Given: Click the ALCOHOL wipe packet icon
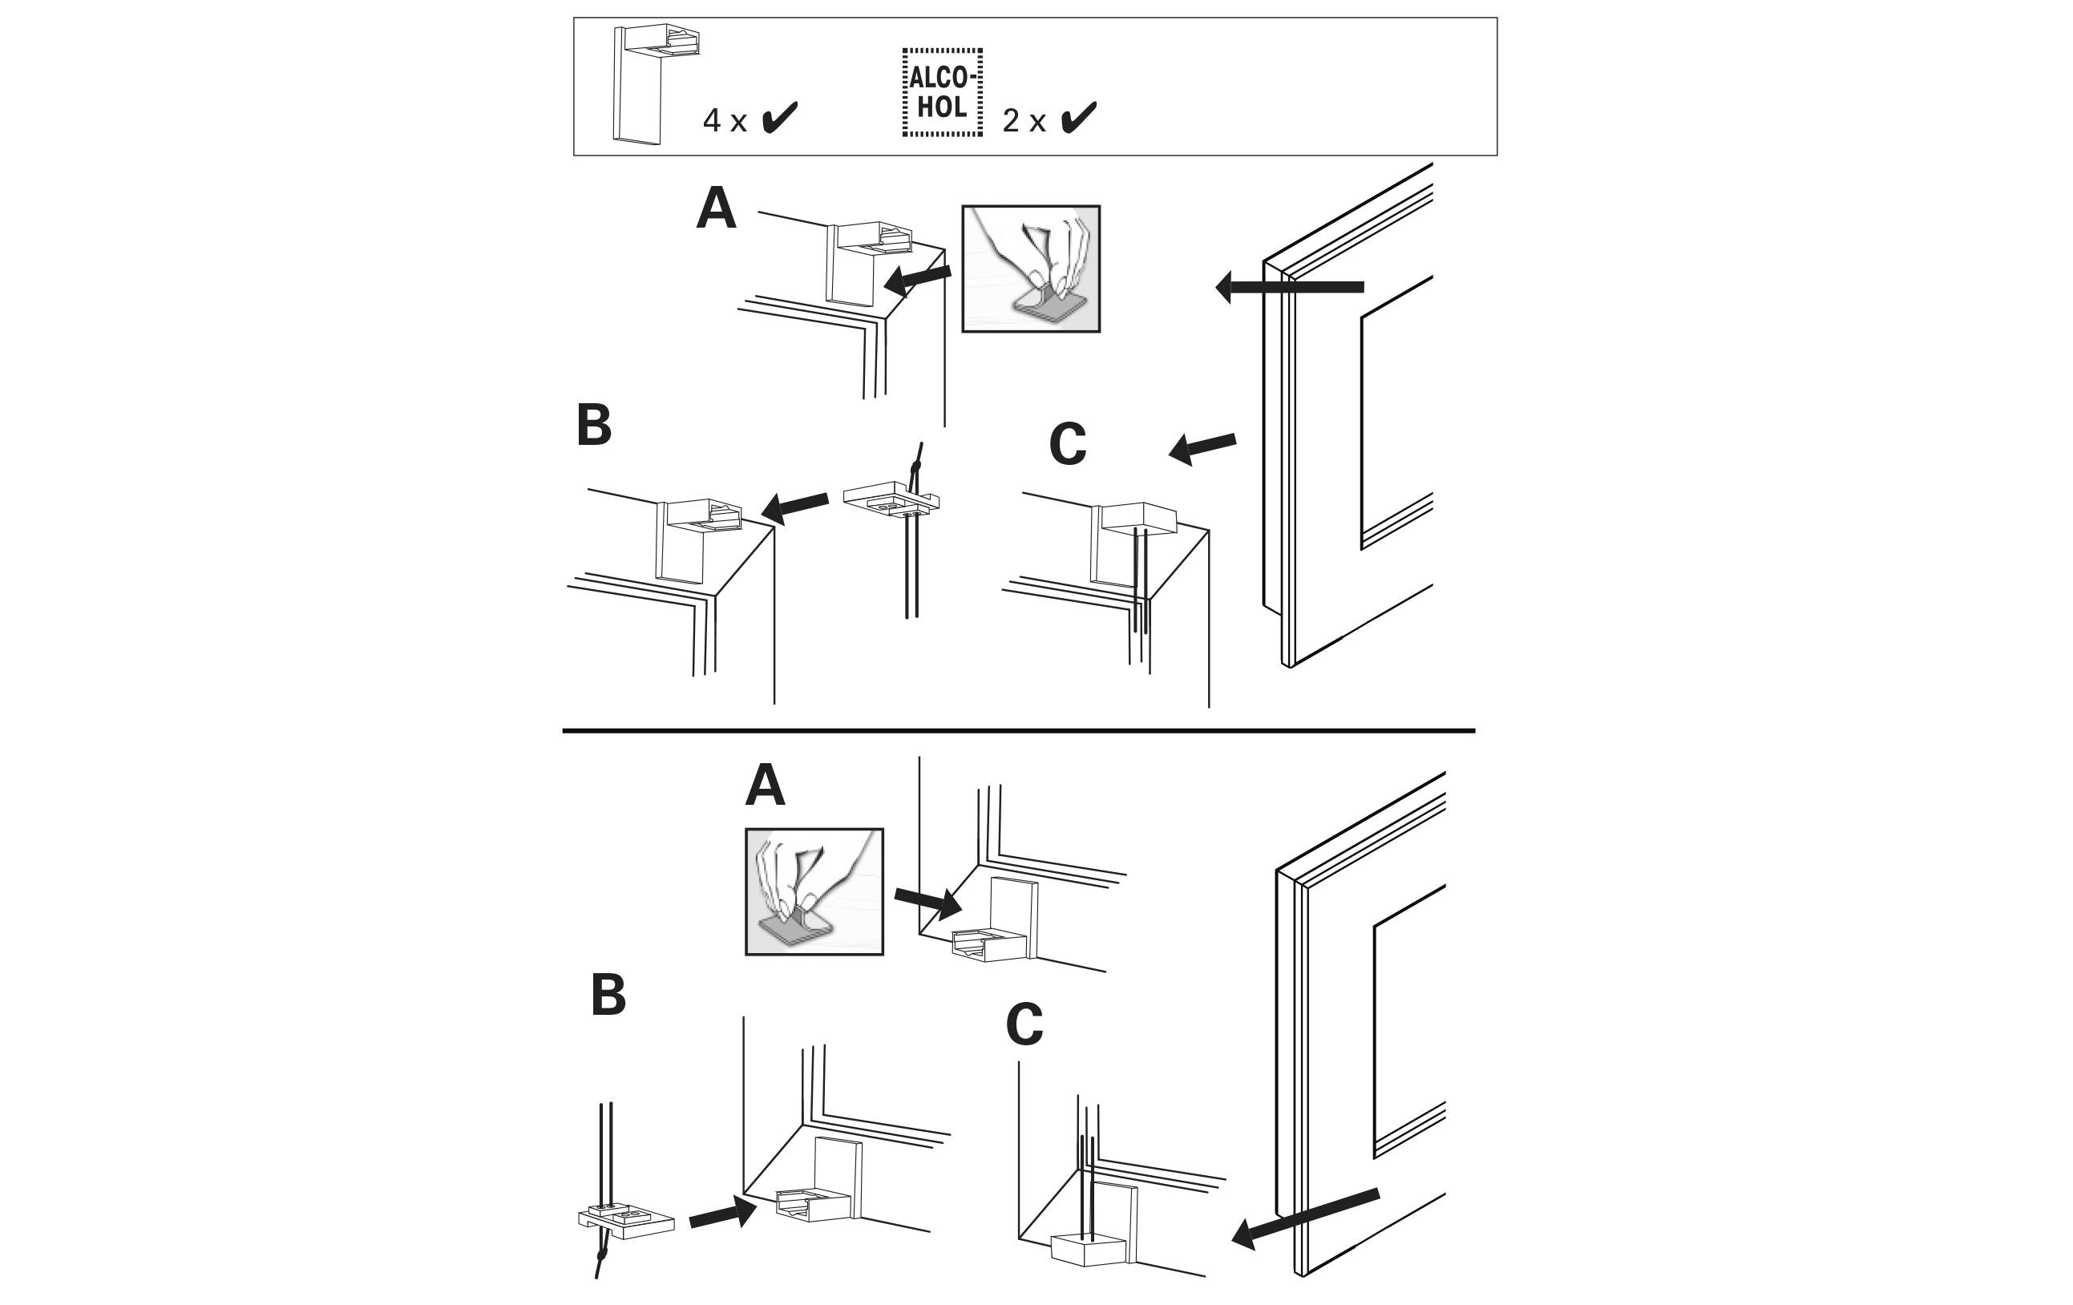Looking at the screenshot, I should (x=942, y=92).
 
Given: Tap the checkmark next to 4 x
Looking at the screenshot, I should (x=780, y=118).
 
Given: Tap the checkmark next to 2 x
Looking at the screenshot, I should (x=1079, y=118).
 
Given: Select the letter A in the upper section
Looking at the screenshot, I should (x=717, y=208).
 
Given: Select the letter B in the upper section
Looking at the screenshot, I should (x=594, y=424).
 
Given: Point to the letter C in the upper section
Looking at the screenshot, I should (x=1068, y=444).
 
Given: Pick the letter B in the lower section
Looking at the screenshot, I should (x=608, y=995).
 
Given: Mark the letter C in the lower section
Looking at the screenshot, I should (x=1024, y=1024).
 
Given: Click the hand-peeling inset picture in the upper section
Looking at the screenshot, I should (x=1030, y=269).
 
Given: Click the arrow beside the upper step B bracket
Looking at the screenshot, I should (x=794, y=506).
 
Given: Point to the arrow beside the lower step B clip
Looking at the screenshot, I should (x=722, y=1214).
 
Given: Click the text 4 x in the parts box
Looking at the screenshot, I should (x=724, y=121).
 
